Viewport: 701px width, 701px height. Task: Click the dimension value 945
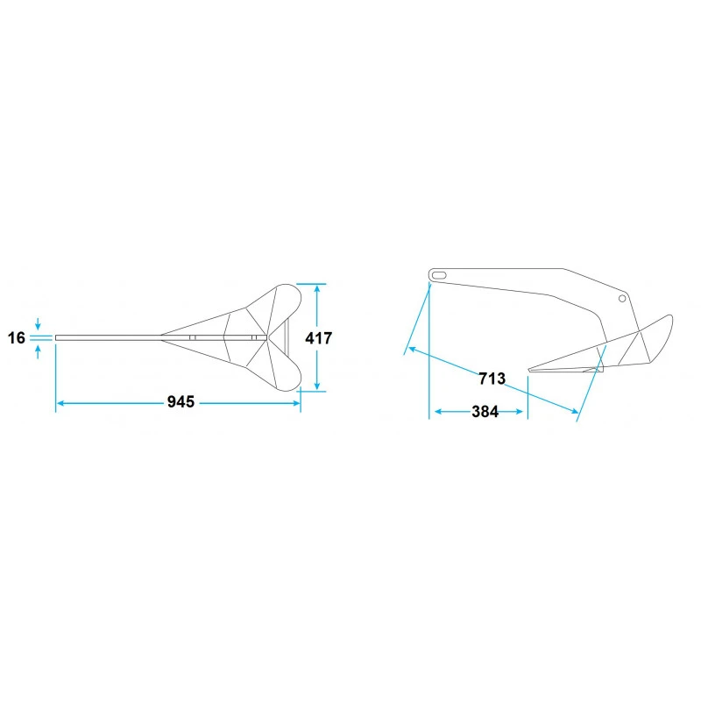click(x=181, y=402)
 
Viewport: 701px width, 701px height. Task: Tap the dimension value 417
click(x=319, y=338)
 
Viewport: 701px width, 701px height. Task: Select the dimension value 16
click(x=17, y=337)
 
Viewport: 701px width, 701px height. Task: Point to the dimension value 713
click(x=492, y=379)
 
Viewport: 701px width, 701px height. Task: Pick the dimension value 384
click(x=485, y=411)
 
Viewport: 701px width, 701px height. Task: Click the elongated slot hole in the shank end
click(x=439, y=275)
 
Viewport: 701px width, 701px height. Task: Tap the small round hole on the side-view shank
click(x=622, y=298)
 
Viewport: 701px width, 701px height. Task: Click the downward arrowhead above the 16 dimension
click(x=38, y=327)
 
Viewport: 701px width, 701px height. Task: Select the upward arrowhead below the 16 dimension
click(x=38, y=349)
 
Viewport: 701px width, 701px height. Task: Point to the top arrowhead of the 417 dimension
click(x=317, y=288)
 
